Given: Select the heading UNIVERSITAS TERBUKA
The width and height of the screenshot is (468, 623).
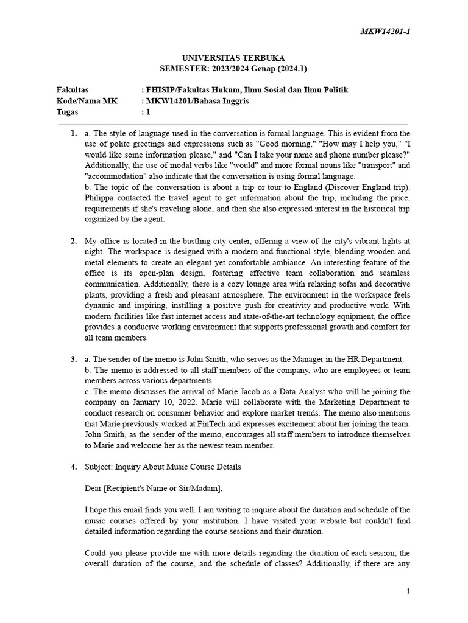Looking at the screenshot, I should click(233, 58).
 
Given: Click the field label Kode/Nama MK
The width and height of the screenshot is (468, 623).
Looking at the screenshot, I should click(87, 101).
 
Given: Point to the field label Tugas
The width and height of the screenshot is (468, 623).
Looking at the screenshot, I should click(68, 112).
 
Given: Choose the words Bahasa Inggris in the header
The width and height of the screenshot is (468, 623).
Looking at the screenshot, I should click(220, 101).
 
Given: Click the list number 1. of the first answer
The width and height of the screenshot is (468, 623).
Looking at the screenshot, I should click(74, 133).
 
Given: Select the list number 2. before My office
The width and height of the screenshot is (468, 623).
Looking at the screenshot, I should click(74, 241).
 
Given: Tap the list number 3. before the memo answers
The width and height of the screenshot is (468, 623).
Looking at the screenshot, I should click(74, 360).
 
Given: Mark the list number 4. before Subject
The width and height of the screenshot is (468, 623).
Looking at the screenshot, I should click(74, 467).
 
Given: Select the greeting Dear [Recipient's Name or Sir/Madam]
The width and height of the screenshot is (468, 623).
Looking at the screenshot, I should click(154, 488).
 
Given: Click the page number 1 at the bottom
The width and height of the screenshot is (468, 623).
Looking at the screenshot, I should click(408, 591).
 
